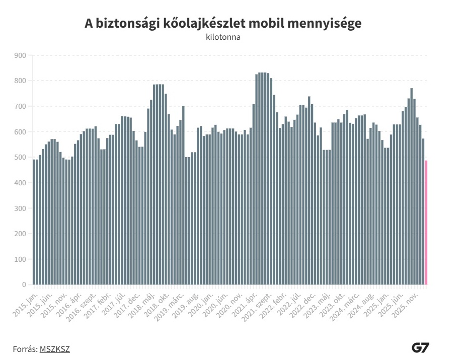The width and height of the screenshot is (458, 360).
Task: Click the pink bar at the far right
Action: (426, 223)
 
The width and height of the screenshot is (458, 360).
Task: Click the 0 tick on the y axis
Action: (23, 285)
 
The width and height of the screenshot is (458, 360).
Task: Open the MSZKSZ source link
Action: (54, 348)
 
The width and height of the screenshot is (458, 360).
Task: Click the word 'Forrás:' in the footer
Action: (25, 348)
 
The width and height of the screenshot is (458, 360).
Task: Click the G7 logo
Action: (420, 347)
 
